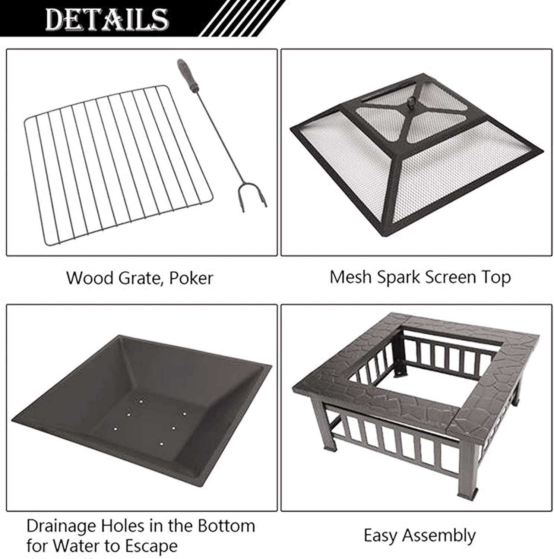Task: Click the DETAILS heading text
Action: tap(107, 19)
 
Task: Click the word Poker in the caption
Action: tap(191, 278)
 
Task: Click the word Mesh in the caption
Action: tap(351, 277)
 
